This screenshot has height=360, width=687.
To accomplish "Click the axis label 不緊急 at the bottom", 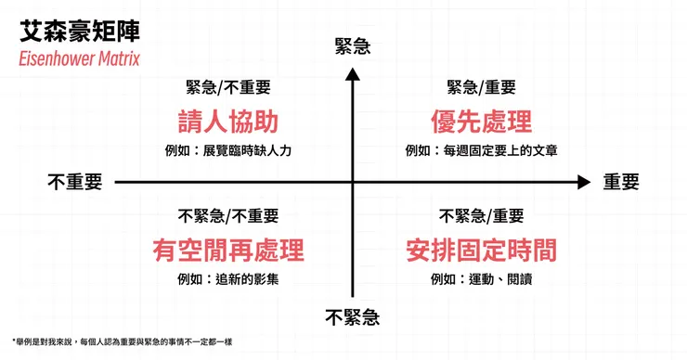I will (x=353, y=318).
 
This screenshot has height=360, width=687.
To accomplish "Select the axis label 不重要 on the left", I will (x=74, y=182).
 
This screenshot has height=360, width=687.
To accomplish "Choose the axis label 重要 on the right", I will (x=621, y=182).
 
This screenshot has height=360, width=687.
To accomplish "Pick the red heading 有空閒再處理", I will (x=227, y=249).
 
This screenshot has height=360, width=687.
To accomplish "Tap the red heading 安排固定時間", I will (x=481, y=249).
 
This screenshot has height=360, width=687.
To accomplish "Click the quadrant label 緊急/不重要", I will (x=227, y=88).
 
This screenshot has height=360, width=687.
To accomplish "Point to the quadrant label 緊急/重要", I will (x=481, y=88).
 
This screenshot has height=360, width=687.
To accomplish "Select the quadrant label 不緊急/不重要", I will (x=227, y=216).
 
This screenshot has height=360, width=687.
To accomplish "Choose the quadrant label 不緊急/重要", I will (x=481, y=216).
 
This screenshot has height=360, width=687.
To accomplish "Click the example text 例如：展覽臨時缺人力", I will (x=227, y=150).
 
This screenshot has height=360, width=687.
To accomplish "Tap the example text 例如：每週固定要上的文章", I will (x=481, y=150).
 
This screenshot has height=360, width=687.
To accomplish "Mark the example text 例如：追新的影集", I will (x=227, y=278).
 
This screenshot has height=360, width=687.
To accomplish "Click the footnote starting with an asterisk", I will (x=122, y=342).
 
